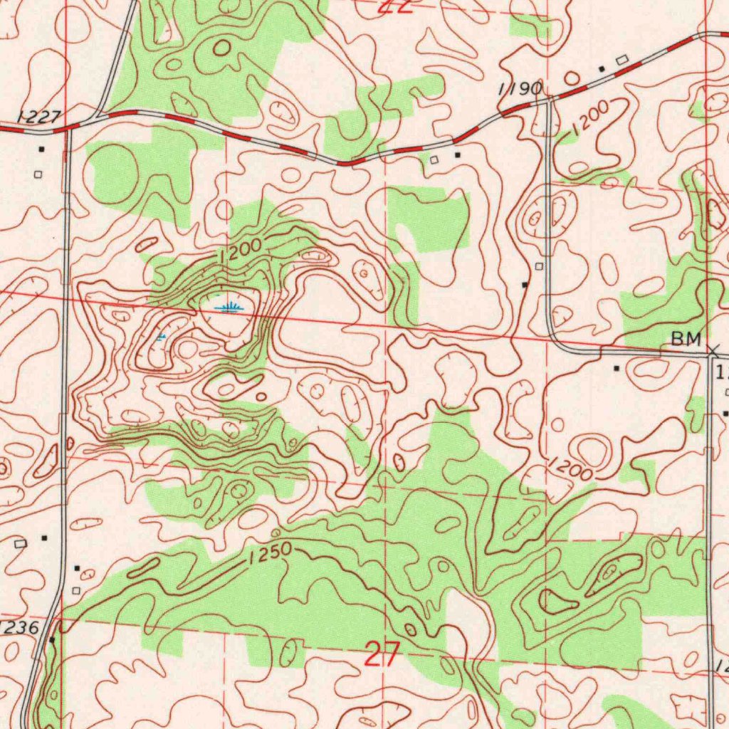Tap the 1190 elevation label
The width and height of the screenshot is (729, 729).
tap(520, 88)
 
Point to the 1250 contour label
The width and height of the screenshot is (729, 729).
tap(271, 553)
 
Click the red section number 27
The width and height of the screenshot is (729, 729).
tap(381, 654)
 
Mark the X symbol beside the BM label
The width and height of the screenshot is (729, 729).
tap(713, 349)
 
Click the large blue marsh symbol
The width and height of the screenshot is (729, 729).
tap(229, 308)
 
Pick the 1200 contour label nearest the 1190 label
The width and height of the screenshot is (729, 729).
tap(589, 115)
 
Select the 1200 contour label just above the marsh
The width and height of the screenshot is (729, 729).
tap(241, 251)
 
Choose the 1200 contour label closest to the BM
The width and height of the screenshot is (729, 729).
tap(571, 469)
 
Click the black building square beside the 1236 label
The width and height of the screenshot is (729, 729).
tap(51, 639)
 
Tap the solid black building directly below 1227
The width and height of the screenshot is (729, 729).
tap(41, 150)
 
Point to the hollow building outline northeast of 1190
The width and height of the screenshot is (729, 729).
tap(622, 60)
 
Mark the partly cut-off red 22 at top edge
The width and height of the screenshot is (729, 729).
tap(396, 7)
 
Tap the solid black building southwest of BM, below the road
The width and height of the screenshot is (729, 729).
tap(617, 368)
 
